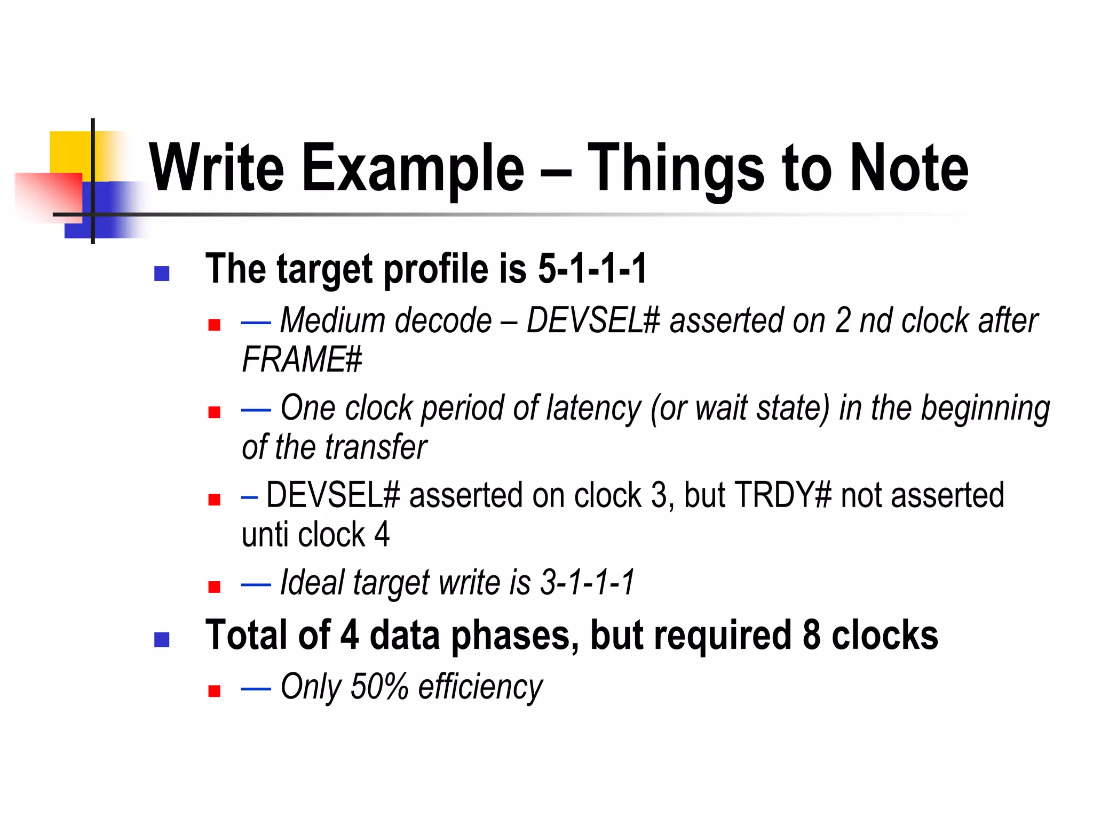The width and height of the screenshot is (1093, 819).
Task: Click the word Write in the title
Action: (216, 167)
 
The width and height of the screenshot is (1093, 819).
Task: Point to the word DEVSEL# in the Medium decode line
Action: (593, 321)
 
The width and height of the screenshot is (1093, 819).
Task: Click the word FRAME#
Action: (302, 359)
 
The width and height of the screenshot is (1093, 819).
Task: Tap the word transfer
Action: (377, 447)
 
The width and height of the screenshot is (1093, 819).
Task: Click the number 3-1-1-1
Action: (587, 582)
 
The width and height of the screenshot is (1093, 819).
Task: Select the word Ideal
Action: (312, 582)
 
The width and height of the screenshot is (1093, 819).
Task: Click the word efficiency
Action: (480, 687)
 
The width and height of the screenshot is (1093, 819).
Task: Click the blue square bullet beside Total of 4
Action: (162, 639)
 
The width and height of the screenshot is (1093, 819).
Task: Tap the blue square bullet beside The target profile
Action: (162, 274)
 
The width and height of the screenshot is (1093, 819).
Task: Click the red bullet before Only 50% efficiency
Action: (215, 691)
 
